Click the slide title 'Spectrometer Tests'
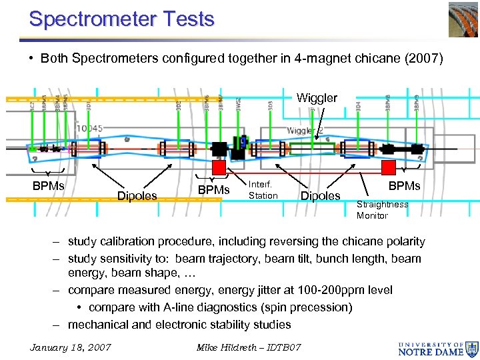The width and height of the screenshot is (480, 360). [x=122, y=19]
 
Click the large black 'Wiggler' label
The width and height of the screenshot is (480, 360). [x=317, y=98]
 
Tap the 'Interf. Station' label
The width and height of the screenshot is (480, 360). [x=263, y=190]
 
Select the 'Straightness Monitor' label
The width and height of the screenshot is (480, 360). [x=382, y=210]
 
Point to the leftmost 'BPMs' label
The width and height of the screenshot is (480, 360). [x=49, y=186]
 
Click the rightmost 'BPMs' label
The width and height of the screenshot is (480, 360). [x=404, y=186]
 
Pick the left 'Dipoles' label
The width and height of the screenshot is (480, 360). [x=137, y=196]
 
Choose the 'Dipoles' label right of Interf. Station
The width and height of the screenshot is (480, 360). [x=321, y=196]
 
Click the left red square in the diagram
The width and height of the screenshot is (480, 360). [x=219, y=167]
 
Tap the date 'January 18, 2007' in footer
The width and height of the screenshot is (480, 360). [x=71, y=347]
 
